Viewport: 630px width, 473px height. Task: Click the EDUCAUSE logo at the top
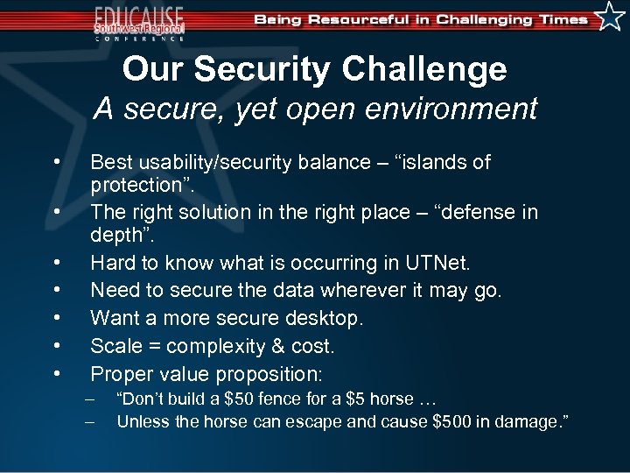(140, 21)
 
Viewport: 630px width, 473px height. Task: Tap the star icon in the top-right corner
(610, 17)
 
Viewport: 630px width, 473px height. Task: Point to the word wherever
(372, 290)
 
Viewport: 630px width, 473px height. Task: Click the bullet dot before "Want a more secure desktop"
(56, 318)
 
